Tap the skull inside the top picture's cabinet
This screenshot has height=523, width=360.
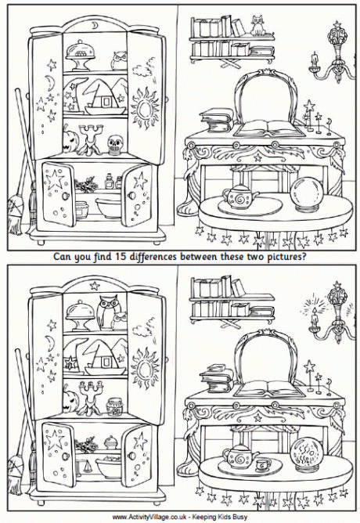pyautogui.click(x=113, y=145)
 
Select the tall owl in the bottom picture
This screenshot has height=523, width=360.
pyautogui.click(x=106, y=312)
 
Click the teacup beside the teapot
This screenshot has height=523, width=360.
pyautogui.click(x=263, y=464)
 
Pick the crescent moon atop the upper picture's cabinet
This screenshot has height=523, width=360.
pyautogui.click(x=95, y=26)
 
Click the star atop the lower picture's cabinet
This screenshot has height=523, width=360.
pyautogui.click(x=95, y=286)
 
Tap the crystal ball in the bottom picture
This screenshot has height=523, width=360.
pyautogui.click(x=305, y=456)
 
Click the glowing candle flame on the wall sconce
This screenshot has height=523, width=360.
pyautogui.click(x=314, y=310)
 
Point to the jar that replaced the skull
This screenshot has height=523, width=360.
pyautogui.click(x=115, y=406)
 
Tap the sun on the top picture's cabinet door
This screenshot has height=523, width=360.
pyautogui.click(x=146, y=108)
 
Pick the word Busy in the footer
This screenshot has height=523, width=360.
pyautogui.click(x=242, y=517)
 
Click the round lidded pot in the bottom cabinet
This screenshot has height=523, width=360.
pyautogui.click(x=110, y=443)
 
